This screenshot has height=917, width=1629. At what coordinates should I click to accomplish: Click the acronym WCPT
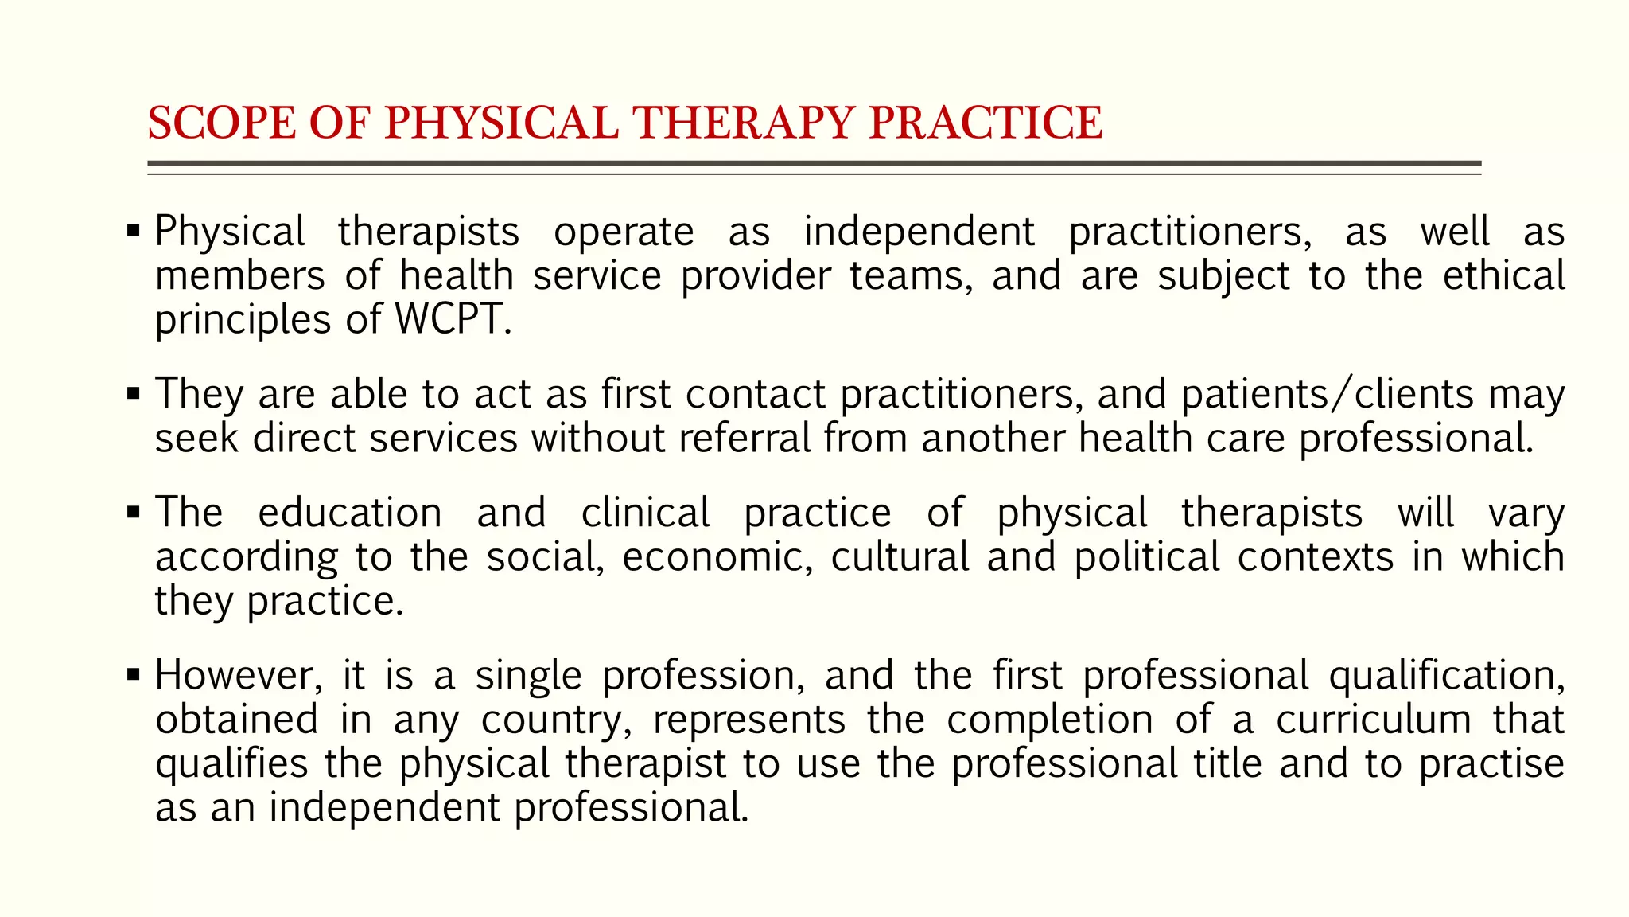click(453, 319)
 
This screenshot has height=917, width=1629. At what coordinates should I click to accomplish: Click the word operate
click(624, 232)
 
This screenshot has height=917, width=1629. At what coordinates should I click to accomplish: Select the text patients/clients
click(1328, 394)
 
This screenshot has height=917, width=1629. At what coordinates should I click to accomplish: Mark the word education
click(350, 512)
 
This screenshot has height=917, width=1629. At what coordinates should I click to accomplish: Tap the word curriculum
click(1374, 720)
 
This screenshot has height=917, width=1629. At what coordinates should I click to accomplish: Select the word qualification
click(1446, 675)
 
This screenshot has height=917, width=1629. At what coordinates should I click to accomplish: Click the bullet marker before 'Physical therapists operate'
click(134, 232)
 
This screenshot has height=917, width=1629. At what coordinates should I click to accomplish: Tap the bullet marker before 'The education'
click(134, 512)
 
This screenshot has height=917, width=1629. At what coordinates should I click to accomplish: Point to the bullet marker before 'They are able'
click(134, 393)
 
